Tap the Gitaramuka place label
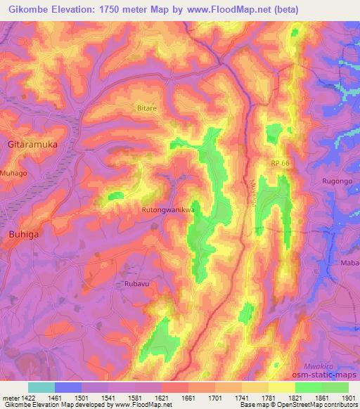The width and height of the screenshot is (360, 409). coord(32,143)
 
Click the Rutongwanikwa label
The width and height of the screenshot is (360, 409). coord(167,209)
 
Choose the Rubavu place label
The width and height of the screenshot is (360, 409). coord(129,285)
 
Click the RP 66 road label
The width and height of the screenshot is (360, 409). coord(280,163)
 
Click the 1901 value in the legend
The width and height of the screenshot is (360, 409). coord(348,398)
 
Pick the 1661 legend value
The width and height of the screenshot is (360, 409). coord(188,398)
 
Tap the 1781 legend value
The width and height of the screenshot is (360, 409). coord(269,398)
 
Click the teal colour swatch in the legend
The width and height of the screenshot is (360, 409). coord(41,387)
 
